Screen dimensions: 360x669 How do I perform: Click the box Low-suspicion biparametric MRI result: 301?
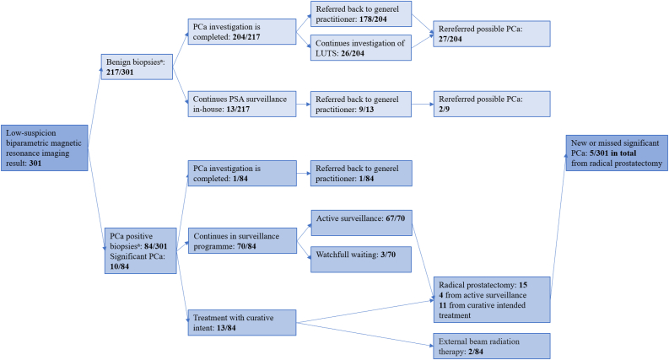44,147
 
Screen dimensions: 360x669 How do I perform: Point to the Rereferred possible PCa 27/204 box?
491,32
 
